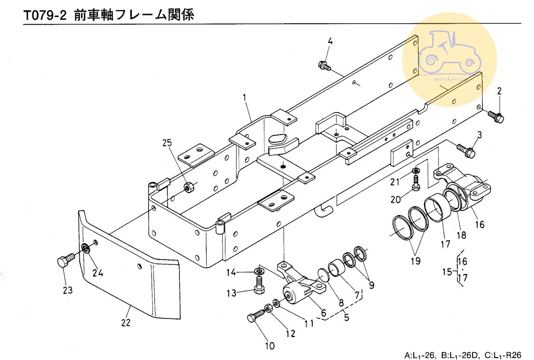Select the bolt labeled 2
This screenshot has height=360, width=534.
click(495, 116)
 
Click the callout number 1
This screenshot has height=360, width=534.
click(245, 97)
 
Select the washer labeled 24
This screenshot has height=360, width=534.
click(86, 249)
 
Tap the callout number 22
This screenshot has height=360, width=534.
click(126, 323)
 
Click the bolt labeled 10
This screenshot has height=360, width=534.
click(255, 316)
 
